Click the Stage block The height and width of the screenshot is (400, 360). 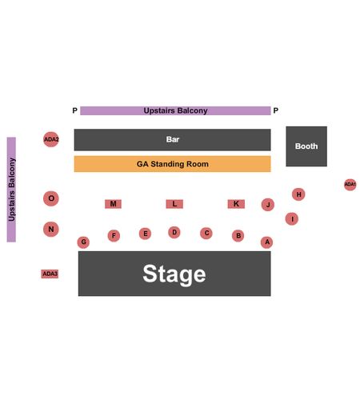(174, 274)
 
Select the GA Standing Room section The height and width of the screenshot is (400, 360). (172, 164)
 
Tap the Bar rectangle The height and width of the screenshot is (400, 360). (172, 140)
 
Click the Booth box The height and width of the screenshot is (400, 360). (306, 146)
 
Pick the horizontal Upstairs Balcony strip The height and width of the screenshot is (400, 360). (175, 110)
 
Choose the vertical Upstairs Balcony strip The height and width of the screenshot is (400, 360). (11, 190)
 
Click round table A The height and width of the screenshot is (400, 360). (267, 242)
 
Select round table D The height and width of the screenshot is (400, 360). (174, 232)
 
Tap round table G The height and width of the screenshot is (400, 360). (83, 242)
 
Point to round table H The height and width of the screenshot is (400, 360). (298, 194)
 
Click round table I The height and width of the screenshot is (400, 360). (292, 219)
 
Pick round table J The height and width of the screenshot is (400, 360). (268, 205)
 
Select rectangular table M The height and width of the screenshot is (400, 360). (113, 204)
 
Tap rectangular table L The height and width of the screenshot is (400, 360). (174, 204)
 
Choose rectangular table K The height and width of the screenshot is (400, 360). (236, 204)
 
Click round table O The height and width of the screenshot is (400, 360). (51, 198)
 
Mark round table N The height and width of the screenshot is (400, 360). (51, 229)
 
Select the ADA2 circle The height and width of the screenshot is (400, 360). (51, 139)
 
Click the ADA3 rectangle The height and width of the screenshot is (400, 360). (50, 274)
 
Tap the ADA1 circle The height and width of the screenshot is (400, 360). (350, 185)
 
